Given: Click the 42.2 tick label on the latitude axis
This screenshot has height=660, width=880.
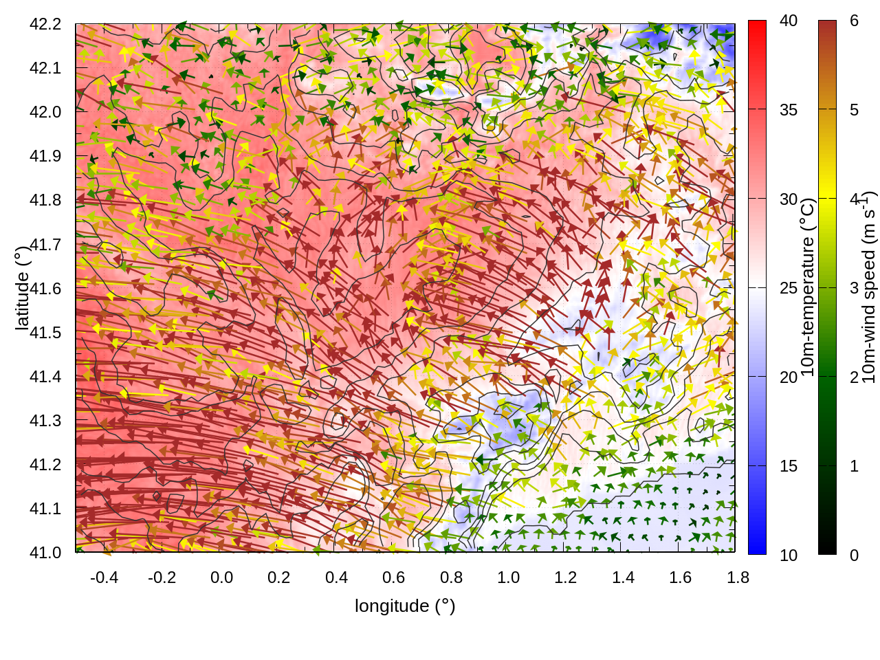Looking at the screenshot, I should (x=45, y=24).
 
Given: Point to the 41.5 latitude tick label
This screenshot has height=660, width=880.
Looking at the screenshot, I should (x=45, y=333).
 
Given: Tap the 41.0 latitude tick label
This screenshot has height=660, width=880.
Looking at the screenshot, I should (x=45, y=553).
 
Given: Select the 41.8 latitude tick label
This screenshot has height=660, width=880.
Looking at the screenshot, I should (x=45, y=200).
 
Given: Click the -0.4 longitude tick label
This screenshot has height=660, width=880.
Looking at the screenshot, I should (x=104, y=577).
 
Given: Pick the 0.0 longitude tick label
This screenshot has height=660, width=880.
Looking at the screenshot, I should (x=221, y=577).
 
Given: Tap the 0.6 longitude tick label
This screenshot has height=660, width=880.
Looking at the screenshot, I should (x=394, y=577).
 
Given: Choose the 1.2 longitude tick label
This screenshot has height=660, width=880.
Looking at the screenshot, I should (x=566, y=577).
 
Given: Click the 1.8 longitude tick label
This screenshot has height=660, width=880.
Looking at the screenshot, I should (x=738, y=577).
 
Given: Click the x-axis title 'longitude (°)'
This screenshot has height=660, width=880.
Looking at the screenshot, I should (x=405, y=606).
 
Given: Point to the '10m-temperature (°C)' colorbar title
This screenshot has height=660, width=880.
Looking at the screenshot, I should (x=808, y=287).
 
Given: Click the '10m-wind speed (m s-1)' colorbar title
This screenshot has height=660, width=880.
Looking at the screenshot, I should (x=868, y=287).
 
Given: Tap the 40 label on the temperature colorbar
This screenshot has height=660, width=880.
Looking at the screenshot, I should (x=789, y=21).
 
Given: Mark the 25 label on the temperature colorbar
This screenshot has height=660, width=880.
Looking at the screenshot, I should (x=789, y=288).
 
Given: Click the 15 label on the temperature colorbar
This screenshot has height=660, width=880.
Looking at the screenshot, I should (x=789, y=466).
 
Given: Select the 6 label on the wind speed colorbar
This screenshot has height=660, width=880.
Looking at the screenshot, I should (x=854, y=21).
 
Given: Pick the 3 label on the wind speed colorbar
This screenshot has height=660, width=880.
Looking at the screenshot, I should (x=854, y=288).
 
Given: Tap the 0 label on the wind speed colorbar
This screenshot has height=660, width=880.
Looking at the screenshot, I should (x=854, y=555).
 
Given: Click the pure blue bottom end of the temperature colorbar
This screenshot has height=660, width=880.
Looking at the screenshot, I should (x=757, y=549).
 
